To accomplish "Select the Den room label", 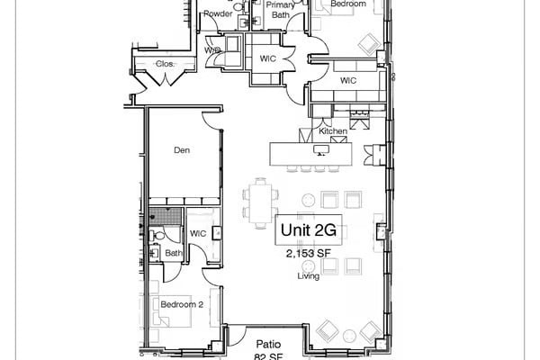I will coord(182,151).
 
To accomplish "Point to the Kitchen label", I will coord(333,132).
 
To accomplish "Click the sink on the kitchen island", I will coord(319,151).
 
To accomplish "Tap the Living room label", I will coord(309,276).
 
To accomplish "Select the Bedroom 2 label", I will coord(182,304).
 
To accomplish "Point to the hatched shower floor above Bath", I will coord(164,217).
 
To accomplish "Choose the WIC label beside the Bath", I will coord(198,234).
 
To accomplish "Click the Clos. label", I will coord(164,64).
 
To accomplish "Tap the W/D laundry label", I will coord(212,50).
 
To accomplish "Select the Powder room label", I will coord(218,14).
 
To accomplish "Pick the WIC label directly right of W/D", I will coord(267,58).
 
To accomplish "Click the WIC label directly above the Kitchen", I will coord(349,81).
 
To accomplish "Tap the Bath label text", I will coord(172,253).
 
